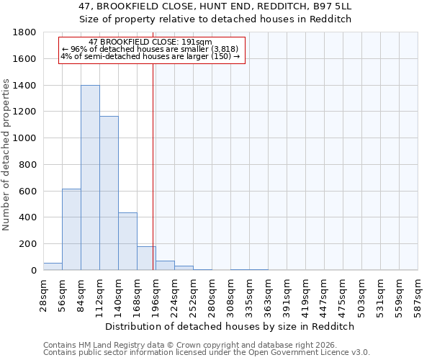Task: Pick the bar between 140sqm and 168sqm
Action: pyautogui.click(x=127, y=241)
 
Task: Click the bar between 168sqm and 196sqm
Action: pyautogui.click(x=146, y=258)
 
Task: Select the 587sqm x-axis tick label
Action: pyautogui.click(x=418, y=294)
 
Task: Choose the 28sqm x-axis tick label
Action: pyautogui.click(x=44, y=294)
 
